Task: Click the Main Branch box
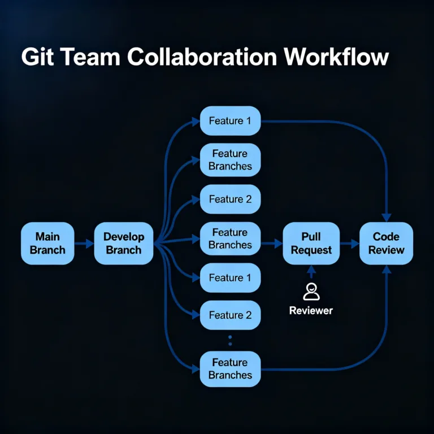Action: (47, 244)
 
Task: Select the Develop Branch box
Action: (124, 244)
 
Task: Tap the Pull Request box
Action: (311, 244)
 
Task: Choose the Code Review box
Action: (387, 244)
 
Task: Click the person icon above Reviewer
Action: (311, 292)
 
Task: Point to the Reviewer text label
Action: (311, 310)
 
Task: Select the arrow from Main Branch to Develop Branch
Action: (84, 244)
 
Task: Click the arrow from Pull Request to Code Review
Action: (350, 244)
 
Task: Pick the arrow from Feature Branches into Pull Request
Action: (271, 244)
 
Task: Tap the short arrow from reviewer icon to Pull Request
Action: (311, 274)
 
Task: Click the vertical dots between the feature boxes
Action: (230, 341)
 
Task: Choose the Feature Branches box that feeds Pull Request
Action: (230, 238)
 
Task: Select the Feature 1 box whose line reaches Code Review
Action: (230, 120)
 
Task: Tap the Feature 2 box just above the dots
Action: (230, 315)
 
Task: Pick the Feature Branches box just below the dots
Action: (230, 368)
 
